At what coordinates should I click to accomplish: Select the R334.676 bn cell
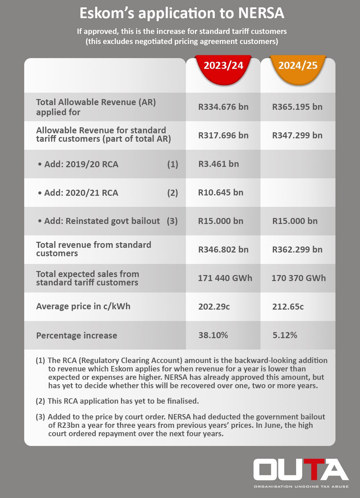pos(223,107)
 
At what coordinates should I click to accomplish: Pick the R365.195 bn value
pos(297,107)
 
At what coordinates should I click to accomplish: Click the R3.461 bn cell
pos(218,164)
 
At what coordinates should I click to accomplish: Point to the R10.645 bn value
pos(221,193)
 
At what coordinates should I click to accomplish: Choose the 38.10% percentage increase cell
pos(213,335)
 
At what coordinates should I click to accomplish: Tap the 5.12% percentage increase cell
pos(285,335)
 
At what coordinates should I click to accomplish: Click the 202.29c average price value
pos(214,307)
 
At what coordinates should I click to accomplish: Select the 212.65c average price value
pos(288,307)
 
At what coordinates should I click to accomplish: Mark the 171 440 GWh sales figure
pos(225,278)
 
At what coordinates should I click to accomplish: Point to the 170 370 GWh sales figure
pos(298,278)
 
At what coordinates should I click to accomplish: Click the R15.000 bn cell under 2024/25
pos(295,221)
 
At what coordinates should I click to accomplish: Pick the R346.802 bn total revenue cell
pos(223,250)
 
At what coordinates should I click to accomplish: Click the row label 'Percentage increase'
pos(77,335)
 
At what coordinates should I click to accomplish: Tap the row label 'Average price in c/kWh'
pos(83,307)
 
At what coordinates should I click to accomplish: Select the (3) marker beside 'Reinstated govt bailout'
pos(172,221)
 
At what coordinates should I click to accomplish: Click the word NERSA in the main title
pos(261,13)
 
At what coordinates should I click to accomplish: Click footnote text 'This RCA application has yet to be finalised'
pos(123,401)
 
